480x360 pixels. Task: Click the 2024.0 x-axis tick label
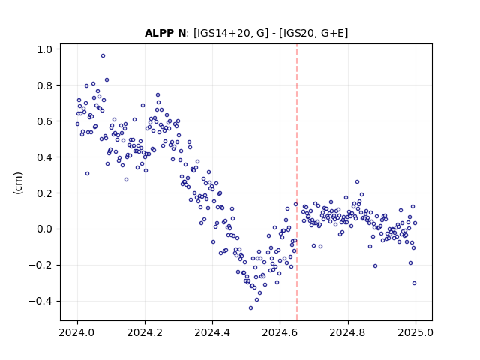tap(77, 332)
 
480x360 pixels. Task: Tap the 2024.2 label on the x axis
tap(145, 332)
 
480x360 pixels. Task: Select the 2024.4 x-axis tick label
tap(212, 332)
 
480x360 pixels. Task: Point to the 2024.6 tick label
tap(280, 332)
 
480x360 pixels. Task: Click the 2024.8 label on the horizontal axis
tap(348, 332)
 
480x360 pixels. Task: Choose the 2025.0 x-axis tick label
tap(415, 332)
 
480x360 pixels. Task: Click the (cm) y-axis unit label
tap(18, 183)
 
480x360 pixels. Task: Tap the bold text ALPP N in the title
tap(165, 33)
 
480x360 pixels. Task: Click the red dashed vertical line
tap(297, 182)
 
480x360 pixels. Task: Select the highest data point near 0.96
tap(103, 56)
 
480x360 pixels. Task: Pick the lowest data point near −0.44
tap(250, 308)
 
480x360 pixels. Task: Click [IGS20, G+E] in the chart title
tap(313, 33)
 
